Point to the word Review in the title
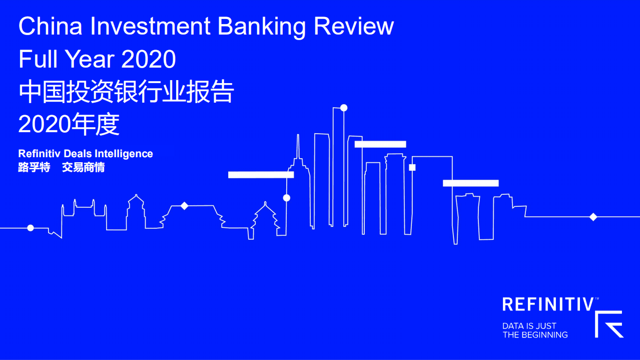[x=354, y=27]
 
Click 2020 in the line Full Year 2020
[x=149, y=60]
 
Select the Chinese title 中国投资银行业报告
[x=126, y=93]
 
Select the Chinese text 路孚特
[x=34, y=168]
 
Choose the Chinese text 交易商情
[x=83, y=168]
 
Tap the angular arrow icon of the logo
[x=609, y=324]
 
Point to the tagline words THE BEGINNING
[x=535, y=335]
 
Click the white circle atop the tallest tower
[x=344, y=108]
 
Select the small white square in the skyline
[x=412, y=167]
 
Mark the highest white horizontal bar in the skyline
[x=380, y=144]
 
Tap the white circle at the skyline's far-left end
[x=31, y=228]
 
